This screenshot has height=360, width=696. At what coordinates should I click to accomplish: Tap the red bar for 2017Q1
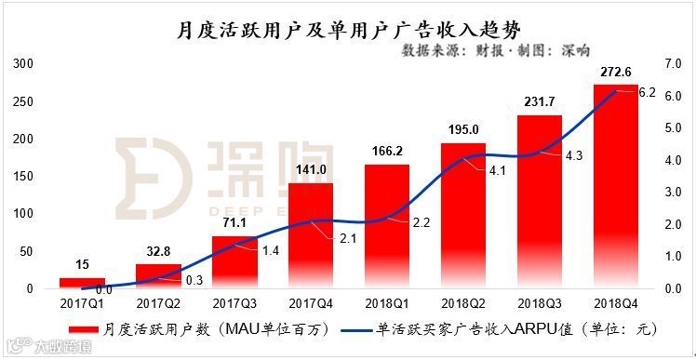82,283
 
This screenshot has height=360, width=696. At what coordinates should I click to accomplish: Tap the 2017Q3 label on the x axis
234,302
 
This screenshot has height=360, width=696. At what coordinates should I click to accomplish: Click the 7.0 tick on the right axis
674,64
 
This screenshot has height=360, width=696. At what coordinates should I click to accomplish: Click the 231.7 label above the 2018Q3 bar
540,103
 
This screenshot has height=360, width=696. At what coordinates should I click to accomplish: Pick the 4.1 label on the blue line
497,170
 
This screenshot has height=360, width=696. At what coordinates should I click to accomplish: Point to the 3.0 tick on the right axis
674,193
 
